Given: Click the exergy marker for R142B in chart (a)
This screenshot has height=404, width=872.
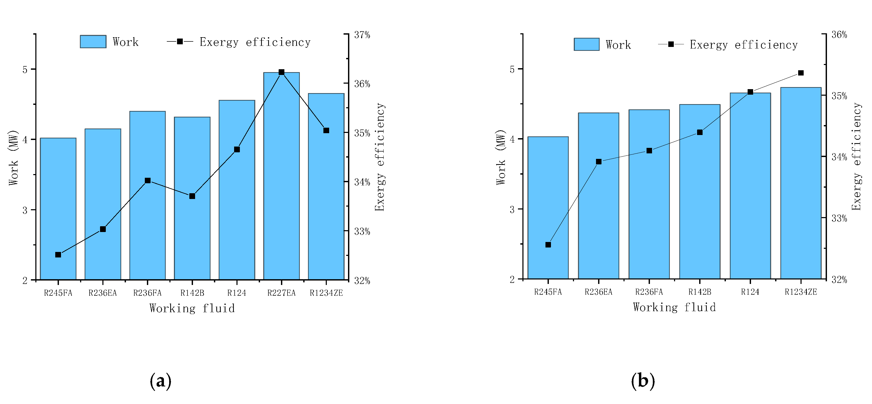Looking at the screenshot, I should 192,196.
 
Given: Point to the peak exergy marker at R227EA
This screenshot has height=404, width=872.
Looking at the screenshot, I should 281,72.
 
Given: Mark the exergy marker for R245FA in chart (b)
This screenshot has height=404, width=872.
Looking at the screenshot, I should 548,245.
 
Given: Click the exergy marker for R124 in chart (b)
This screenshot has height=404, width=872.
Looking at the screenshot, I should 750,92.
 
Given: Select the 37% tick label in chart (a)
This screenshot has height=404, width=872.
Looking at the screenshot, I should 362,35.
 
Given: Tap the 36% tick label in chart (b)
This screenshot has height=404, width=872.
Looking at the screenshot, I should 839,35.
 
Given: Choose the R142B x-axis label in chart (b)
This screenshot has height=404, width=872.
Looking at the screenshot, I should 700,292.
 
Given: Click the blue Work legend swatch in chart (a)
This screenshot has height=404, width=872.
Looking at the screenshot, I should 93,42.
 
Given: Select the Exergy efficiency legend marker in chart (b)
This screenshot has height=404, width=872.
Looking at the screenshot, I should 671,44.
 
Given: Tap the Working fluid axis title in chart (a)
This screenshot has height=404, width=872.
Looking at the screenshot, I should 192,308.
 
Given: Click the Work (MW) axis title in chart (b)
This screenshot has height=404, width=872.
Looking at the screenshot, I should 501,157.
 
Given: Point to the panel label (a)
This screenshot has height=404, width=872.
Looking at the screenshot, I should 161,381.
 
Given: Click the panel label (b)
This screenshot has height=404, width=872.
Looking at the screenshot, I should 643,381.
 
